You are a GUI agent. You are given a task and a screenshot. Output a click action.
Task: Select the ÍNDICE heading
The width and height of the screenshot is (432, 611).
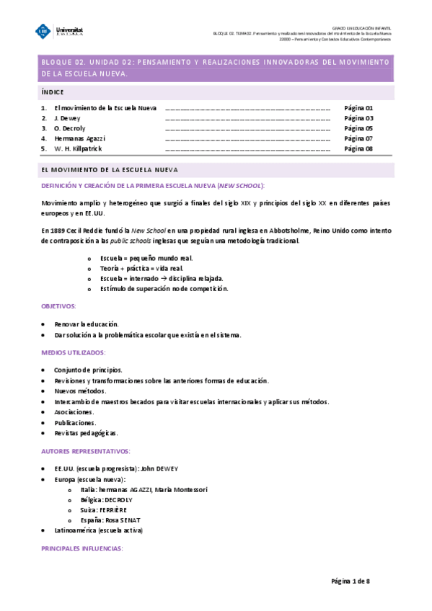[53, 92]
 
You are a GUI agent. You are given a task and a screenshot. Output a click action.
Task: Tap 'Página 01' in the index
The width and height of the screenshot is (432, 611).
[358, 107]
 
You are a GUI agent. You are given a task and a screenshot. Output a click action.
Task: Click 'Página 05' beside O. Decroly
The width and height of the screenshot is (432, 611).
[358, 128]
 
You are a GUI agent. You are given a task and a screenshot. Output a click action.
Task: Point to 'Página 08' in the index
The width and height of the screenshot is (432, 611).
[358, 148]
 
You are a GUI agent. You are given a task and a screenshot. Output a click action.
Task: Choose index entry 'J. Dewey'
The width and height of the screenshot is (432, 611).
[67, 117]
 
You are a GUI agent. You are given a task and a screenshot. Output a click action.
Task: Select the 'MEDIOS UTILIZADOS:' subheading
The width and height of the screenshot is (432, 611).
[73, 352]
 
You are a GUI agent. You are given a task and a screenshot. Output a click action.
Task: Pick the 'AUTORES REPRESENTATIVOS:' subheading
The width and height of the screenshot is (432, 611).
[86, 451]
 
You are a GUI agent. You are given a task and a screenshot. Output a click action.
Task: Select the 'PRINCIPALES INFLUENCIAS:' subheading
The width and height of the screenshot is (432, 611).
[82, 549]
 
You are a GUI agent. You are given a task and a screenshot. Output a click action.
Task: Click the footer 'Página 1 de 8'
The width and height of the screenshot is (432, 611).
[351, 581]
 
